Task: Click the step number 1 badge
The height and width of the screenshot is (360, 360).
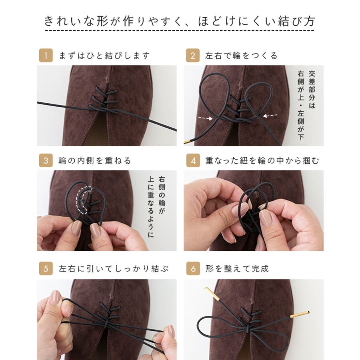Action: (46, 55)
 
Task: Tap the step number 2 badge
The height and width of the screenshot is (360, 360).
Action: (193, 55)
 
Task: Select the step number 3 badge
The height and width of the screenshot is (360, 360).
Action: (46, 160)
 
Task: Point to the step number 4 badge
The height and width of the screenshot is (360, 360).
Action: (193, 160)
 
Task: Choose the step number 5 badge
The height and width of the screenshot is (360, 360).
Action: (46, 268)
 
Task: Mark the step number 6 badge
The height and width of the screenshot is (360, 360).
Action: (193, 268)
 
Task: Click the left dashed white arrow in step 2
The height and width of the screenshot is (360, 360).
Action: (206, 118)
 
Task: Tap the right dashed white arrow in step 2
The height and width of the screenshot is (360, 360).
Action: (270, 116)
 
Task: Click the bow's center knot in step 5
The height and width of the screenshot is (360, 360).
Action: (105, 324)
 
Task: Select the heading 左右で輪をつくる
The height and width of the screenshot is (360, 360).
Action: (241, 56)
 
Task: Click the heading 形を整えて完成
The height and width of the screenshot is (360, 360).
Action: (237, 268)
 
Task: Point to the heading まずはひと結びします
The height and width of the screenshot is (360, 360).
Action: (104, 56)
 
